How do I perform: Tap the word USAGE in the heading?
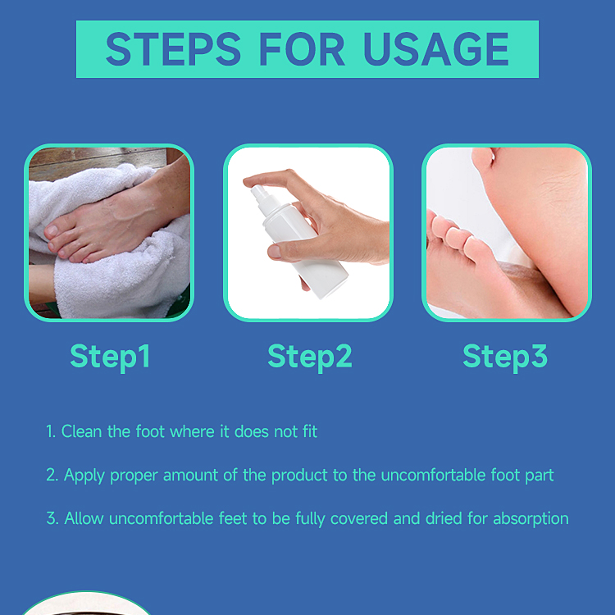coord(435,49)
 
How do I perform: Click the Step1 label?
coord(110,357)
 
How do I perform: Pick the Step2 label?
coord(309,357)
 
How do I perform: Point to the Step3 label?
coord(505,357)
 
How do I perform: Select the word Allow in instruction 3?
coord(84,518)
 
